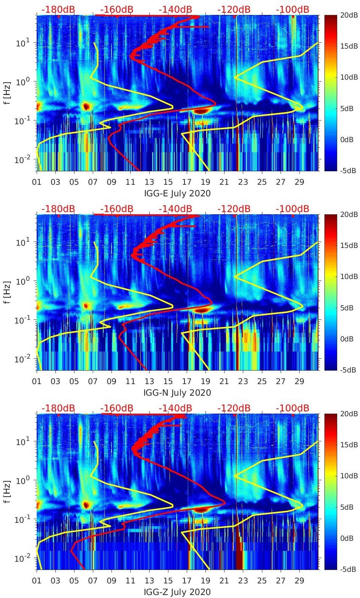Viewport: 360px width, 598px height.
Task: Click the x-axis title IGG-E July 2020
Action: pos(177,193)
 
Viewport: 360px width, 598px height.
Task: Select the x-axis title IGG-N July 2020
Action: pos(177,393)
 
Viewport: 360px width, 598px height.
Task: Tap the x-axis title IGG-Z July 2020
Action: pos(177,592)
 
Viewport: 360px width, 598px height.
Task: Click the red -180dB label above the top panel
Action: pos(58,9)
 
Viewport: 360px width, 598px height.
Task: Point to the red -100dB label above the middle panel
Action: pos(293,209)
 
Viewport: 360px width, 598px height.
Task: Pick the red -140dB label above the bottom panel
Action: pos(175,408)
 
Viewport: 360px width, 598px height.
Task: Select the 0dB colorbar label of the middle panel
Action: pos(347,339)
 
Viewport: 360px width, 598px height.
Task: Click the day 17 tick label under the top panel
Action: pos(186,182)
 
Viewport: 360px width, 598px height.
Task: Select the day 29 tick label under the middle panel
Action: pos(299,381)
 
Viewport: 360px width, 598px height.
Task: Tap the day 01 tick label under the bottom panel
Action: pos(37,581)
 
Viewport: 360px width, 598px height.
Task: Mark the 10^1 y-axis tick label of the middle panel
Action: pos(21,242)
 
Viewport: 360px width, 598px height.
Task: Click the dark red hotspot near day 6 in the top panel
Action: pos(86,106)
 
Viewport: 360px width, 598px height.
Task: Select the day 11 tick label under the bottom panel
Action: pos(130,581)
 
